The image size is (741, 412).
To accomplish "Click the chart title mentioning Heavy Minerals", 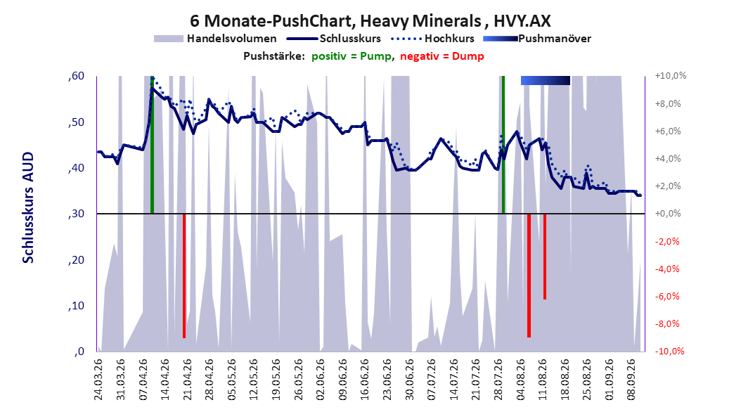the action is pos(370,21).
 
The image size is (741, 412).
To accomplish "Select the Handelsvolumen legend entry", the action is pos(216,39).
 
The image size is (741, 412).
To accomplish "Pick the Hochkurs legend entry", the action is pos(432,39).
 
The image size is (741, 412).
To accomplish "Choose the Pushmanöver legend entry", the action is pos(537,39).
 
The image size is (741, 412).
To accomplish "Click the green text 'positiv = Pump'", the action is pos(351,56).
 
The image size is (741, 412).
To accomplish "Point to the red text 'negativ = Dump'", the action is pos(442,56).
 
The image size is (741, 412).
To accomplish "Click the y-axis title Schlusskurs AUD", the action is pos(28,207).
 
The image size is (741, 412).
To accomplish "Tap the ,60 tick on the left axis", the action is pos(76,76).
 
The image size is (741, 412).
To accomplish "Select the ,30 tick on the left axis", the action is pos(76,214).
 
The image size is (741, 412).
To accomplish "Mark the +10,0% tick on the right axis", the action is pos(671,76).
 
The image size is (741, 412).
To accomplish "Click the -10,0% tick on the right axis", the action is pos(669,351).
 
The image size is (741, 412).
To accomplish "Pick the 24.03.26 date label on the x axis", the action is pos(98,380).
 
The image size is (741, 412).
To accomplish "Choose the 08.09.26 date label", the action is pos(631,380).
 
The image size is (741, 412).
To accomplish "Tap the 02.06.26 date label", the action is pos(320,380).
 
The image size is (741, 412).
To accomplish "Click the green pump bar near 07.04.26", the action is pos(152,145).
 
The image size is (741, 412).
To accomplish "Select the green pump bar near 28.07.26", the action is pos(503,145).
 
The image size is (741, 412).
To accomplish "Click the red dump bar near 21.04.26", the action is pos(184,276).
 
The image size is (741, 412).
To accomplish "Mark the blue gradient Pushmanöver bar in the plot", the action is pos(546,80).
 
